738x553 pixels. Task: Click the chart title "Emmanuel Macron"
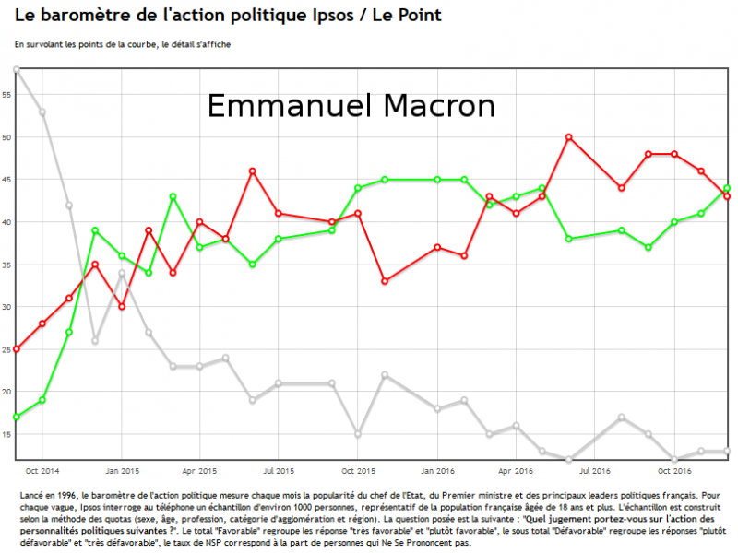(351, 106)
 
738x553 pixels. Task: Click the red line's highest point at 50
(569, 137)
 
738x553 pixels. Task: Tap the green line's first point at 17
(17, 417)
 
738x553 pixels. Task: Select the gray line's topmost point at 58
(17, 70)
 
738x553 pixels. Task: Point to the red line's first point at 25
(17, 349)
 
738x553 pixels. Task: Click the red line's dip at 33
(385, 281)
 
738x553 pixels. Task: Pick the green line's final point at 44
(727, 188)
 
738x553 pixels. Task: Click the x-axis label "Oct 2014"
(42, 471)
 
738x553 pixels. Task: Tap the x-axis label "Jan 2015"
(122, 471)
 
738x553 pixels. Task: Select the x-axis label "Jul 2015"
(280, 471)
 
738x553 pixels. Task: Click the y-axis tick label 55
(6, 95)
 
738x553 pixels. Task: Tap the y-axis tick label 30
(6, 307)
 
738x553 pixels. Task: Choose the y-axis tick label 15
(6, 434)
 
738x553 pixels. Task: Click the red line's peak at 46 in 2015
(253, 171)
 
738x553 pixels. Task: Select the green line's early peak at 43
(173, 196)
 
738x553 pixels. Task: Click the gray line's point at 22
(385, 374)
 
